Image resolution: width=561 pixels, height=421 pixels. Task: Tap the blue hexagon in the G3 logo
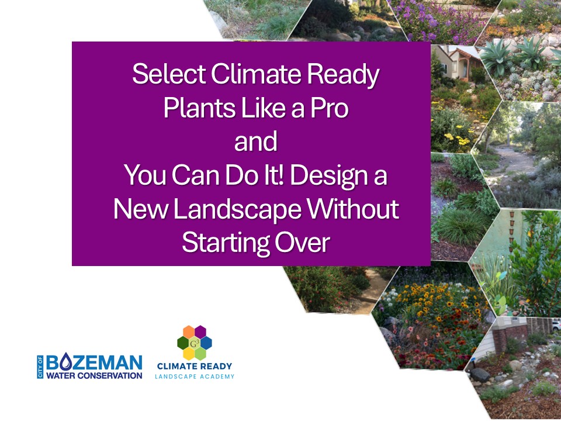click(x=206, y=343)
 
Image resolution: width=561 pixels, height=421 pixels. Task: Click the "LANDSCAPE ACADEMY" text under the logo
click(x=195, y=377)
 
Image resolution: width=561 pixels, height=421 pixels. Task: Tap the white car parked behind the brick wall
click(x=555, y=325)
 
